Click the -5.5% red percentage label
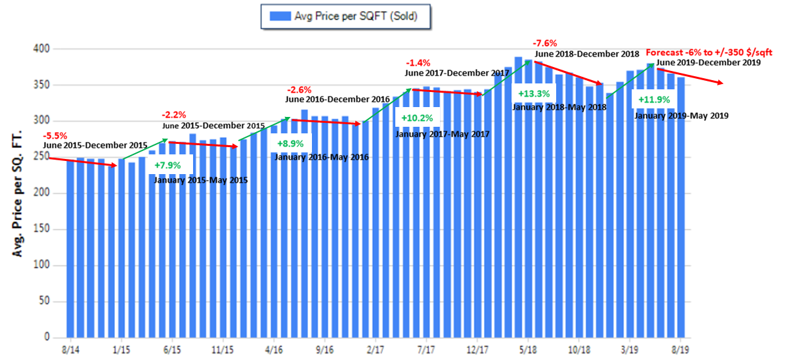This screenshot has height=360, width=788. tap(55, 135)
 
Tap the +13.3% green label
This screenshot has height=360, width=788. tap(536, 93)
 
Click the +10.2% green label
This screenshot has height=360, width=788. tap(416, 119)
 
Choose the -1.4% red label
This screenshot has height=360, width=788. tap(418, 63)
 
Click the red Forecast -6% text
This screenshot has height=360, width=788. tap(683, 53)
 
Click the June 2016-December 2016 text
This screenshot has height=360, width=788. tap(338, 99)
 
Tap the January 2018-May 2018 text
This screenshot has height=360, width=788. tap(559, 107)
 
